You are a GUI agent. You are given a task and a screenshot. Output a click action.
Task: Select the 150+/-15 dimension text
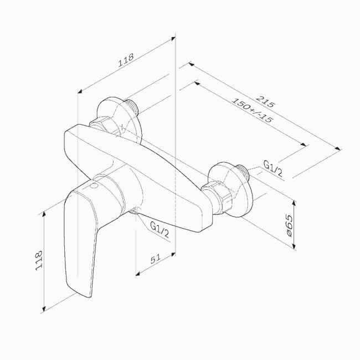pos(253,110)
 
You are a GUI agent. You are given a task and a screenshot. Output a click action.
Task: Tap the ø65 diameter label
pos(290,226)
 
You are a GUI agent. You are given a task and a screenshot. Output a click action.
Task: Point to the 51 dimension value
pos(155,259)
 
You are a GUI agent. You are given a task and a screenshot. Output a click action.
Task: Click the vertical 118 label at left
pos(39,260)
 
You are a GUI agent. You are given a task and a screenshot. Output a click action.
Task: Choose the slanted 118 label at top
pos(126,60)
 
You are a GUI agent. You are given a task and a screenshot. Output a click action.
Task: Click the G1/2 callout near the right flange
pos(272,168)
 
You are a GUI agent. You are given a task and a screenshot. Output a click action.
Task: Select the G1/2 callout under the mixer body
pos(160,230)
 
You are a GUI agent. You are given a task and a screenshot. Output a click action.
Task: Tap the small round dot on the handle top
pos(94,186)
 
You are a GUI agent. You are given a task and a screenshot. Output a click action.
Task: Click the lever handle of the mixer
pos(80,241)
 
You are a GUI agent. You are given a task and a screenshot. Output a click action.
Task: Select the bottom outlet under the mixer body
pos(135,210)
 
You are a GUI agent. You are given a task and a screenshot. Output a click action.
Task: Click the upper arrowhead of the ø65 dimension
pos(294,203)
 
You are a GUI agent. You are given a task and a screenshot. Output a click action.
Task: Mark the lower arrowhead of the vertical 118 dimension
pos(44,308)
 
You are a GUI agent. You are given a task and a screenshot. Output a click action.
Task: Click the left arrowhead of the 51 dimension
pos(138,274)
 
